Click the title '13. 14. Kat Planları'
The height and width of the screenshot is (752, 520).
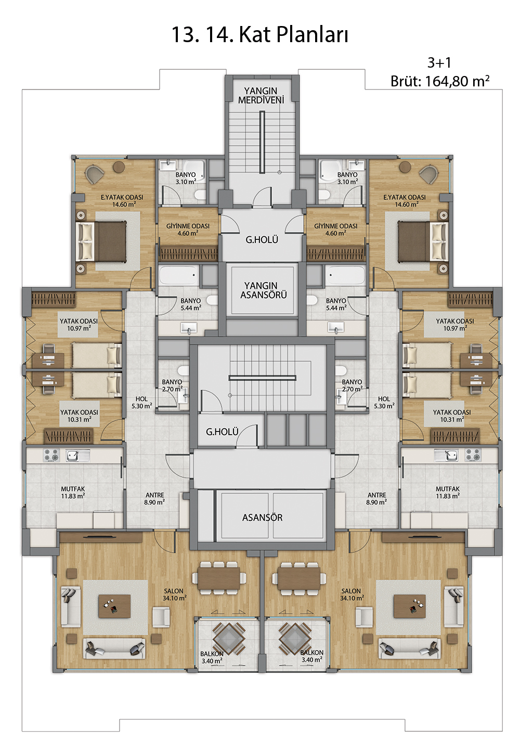click(x=260, y=35)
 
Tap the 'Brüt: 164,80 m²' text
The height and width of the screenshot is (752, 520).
click(x=440, y=81)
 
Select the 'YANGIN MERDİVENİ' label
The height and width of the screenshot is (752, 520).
click(x=261, y=95)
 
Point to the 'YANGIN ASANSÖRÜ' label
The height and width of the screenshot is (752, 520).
click(x=263, y=290)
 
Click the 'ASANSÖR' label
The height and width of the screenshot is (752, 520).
click(x=263, y=518)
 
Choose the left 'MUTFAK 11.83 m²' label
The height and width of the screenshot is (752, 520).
click(x=73, y=492)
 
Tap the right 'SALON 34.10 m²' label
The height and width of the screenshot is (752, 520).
click(x=351, y=594)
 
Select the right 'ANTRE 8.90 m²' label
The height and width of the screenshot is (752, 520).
click(x=377, y=499)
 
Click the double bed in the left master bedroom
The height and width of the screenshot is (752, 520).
click(x=101, y=241)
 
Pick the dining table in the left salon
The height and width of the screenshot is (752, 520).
click(x=219, y=578)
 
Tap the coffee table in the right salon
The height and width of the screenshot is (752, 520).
click(x=410, y=606)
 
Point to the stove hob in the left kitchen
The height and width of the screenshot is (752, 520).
click(x=51, y=455)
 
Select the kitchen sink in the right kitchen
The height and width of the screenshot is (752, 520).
click(x=446, y=455)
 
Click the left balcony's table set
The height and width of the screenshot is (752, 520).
click(x=229, y=639)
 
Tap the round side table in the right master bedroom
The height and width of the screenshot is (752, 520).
click(x=405, y=167)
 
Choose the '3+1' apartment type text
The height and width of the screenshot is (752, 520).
click(x=439, y=63)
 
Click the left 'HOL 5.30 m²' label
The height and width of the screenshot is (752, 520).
click(x=141, y=402)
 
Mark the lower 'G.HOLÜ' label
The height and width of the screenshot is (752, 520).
click(x=222, y=432)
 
